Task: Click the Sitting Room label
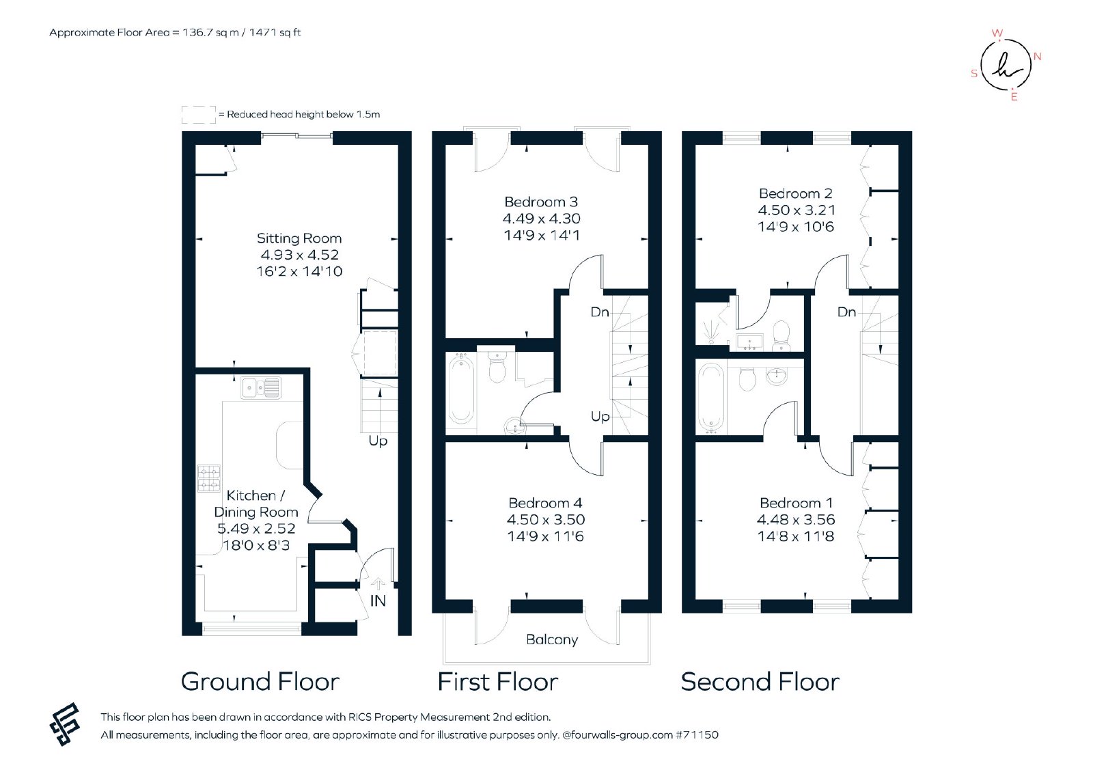299,238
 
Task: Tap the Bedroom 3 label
540,202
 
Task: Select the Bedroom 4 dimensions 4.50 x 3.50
546,520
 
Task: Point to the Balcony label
552,639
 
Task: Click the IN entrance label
378,601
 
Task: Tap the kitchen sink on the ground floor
261,388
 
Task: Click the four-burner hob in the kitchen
209,478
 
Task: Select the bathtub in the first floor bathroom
460,389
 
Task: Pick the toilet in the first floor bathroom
497,366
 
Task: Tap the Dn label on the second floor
846,312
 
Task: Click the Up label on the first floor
600,417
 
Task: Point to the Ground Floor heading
260,682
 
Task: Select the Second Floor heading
760,682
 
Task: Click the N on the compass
1038,57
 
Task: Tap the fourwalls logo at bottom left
65,724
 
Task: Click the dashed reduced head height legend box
199,115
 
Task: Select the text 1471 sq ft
275,33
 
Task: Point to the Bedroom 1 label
796,503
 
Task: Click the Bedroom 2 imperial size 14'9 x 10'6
796,227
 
